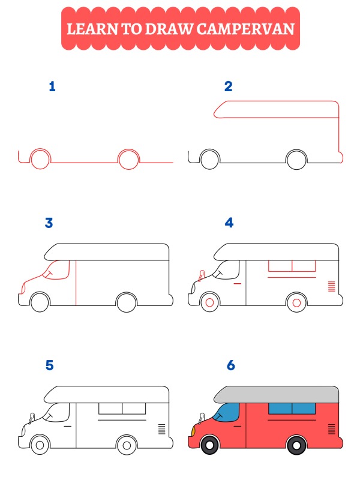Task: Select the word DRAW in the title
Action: click(173, 28)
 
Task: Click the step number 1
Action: click(52, 87)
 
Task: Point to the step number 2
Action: click(228, 87)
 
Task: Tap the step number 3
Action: click(49, 223)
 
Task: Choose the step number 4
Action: click(229, 223)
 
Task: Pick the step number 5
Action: click(49, 365)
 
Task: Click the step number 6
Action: click(230, 365)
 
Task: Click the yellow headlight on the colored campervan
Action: click(193, 430)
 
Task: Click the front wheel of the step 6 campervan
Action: click(209, 446)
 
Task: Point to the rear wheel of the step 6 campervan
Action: click(296, 446)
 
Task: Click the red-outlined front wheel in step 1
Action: click(40, 160)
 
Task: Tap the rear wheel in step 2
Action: click(296, 160)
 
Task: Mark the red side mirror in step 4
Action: click(201, 275)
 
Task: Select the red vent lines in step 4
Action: click(331, 286)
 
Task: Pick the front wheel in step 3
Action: click(40, 302)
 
